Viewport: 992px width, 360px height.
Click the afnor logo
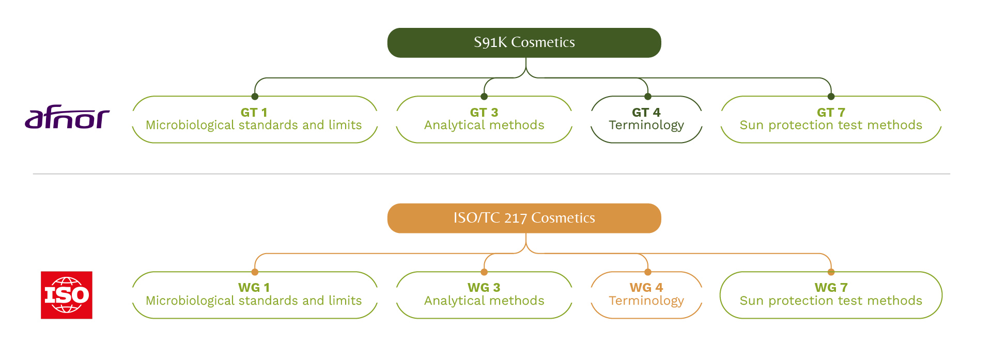[67, 117]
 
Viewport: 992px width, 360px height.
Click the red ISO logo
[67, 295]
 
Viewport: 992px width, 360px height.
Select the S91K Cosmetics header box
[524, 42]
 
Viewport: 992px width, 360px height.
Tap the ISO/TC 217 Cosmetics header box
[524, 218]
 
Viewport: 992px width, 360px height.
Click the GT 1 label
[254, 112]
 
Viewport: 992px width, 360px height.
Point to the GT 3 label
[484, 112]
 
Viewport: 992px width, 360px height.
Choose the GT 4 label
[646, 112]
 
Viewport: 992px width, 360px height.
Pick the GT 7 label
[831, 112]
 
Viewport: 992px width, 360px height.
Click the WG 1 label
[254, 288]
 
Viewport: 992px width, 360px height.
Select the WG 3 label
[484, 288]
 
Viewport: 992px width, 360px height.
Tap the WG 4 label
[646, 288]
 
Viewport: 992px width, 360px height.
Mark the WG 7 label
[831, 288]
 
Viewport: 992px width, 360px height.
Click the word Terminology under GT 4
[646, 126]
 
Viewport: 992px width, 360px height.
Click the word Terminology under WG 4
[646, 301]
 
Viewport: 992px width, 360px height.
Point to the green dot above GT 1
[255, 97]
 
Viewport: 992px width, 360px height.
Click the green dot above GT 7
[831, 97]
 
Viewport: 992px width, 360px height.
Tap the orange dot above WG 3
[484, 272]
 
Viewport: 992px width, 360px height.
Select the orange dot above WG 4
[648, 272]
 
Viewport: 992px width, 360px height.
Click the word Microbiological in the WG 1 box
[190, 301]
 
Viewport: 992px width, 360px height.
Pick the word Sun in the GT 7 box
[752, 126]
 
